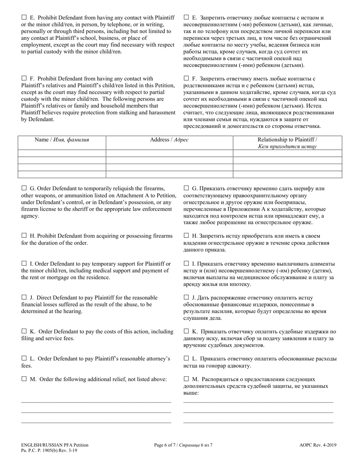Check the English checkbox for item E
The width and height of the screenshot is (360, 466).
(x=24, y=17)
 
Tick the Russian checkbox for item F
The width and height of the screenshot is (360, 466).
(x=186, y=78)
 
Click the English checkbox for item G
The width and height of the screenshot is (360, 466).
(x=24, y=188)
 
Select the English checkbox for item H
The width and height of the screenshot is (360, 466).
(x=24, y=236)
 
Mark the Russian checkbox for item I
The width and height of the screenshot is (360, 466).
(x=186, y=263)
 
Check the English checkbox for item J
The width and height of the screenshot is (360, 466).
(x=24, y=297)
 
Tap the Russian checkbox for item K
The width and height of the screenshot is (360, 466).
(x=186, y=332)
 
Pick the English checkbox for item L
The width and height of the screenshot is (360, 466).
(x=24, y=358)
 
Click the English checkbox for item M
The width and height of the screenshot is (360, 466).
(x=24, y=379)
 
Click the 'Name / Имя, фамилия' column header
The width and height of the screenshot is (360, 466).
(x=62, y=140)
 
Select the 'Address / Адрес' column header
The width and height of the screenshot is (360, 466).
(x=169, y=140)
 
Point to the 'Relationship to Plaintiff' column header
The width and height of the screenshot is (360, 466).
(x=287, y=143)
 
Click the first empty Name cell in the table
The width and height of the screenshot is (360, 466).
(x=62, y=153)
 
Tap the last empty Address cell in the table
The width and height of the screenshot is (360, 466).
(x=169, y=174)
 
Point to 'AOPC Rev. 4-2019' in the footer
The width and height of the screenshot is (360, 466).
(x=318, y=445)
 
